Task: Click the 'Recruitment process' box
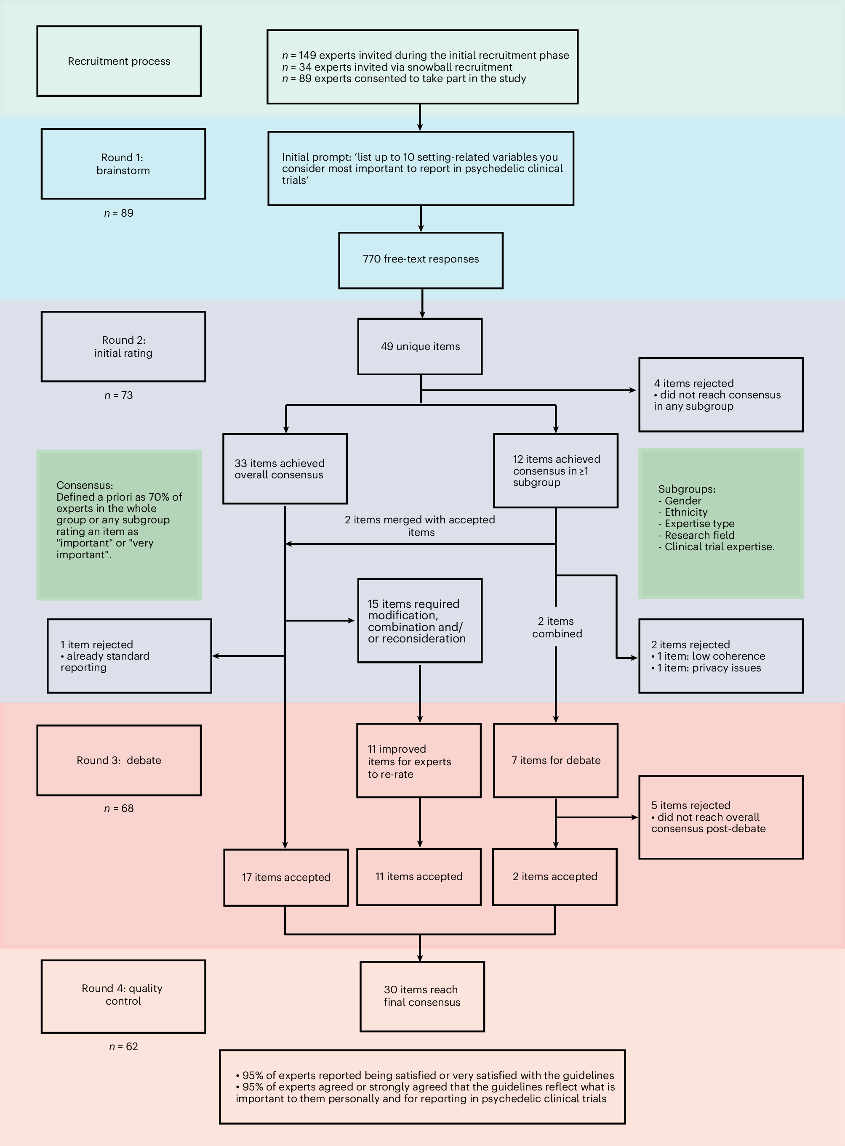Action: tap(119, 61)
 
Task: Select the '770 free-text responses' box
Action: tap(421, 260)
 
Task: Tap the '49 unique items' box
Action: tap(420, 347)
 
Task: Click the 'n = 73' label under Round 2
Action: tap(119, 395)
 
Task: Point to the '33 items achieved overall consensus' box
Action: tap(285, 469)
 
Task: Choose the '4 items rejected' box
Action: tap(720, 394)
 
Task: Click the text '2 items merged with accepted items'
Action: tap(420, 526)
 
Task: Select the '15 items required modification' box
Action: tap(419, 621)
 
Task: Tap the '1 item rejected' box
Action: tap(129, 656)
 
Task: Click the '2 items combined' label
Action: tap(557, 627)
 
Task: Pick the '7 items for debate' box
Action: tap(555, 760)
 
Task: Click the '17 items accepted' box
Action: tap(286, 878)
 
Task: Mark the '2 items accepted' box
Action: tap(555, 877)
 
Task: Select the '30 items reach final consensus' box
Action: tap(422, 996)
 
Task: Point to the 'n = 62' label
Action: tap(123, 1046)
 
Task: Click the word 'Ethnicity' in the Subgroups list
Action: tap(686, 512)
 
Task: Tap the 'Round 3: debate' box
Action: tap(119, 760)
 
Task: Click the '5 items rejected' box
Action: tap(720, 817)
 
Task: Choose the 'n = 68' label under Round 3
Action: tap(119, 808)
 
